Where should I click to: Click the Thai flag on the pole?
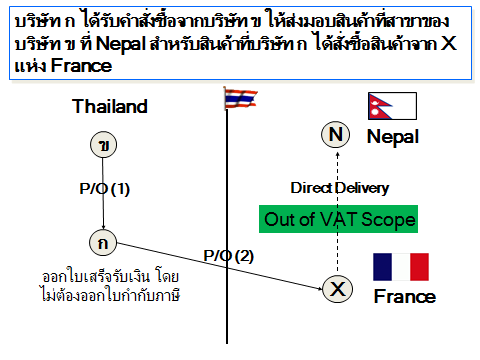(x=241, y=98)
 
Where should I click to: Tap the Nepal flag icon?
(x=392, y=106)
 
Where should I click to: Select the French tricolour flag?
(x=401, y=267)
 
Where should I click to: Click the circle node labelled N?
(x=335, y=134)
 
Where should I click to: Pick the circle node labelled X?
(x=338, y=289)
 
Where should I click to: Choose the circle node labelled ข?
(x=104, y=145)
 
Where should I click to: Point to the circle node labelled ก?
(x=103, y=243)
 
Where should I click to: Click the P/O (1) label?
(x=105, y=189)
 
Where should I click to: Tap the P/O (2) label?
(x=229, y=256)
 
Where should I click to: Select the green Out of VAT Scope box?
(x=338, y=219)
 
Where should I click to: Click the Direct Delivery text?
(x=340, y=188)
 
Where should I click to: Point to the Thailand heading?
(x=110, y=106)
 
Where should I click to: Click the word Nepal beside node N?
(x=393, y=136)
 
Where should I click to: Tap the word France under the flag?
(x=405, y=296)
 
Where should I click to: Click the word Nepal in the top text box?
(x=121, y=44)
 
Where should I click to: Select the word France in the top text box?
(x=81, y=66)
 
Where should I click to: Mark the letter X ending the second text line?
(x=448, y=43)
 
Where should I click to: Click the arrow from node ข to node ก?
(x=103, y=193)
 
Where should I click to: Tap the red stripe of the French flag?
(x=419, y=267)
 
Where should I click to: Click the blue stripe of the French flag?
(x=382, y=267)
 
